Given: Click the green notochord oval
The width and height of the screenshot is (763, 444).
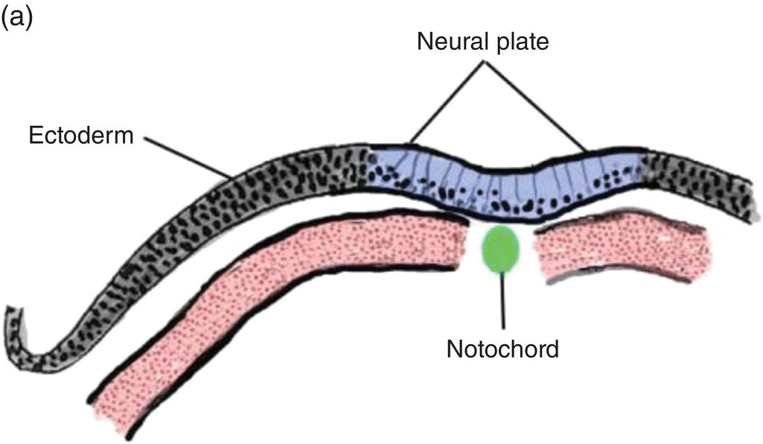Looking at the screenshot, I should click(502, 248).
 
